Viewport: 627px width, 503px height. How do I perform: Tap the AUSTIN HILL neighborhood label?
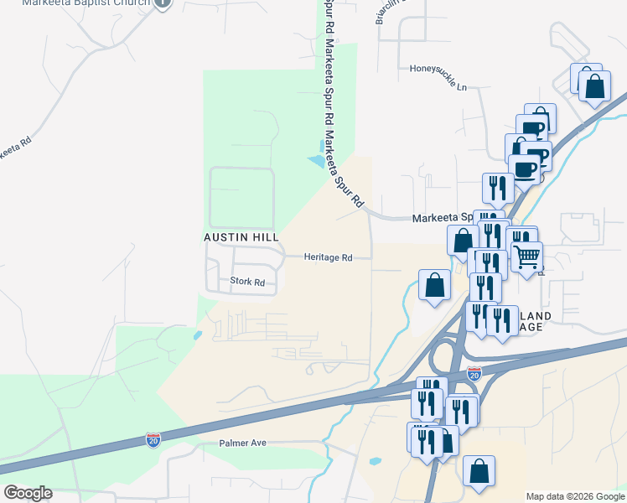(241, 237)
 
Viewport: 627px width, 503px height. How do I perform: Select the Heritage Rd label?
(328, 257)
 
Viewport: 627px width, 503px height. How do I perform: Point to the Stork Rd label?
(247, 283)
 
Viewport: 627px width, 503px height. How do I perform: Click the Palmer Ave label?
(242, 442)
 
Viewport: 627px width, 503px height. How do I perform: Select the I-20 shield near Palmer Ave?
(153, 438)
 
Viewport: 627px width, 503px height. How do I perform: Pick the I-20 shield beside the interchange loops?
(474, 373)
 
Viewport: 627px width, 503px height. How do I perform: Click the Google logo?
(28, 492)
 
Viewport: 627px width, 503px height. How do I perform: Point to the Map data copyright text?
(574, 496)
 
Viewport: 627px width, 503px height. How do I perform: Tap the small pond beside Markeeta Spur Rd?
(316, 159)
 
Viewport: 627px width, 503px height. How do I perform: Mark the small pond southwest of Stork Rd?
(197, 334)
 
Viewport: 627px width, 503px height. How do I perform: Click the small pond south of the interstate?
(375, 460)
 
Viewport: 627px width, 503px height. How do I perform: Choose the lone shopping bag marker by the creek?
(435, 285)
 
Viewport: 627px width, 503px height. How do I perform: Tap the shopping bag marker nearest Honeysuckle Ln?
(593, 86)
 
